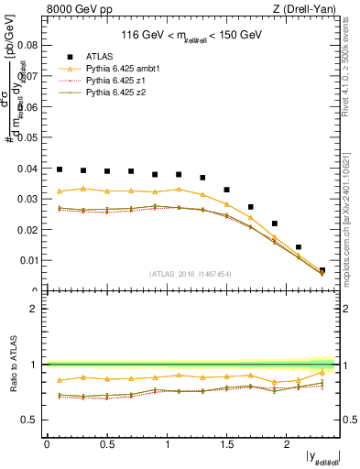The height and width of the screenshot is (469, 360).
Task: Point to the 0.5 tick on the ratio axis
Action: point(33,420)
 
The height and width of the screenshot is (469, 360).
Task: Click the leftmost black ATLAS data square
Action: point(60,169)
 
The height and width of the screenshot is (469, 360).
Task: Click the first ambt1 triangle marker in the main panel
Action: point(60,191)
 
